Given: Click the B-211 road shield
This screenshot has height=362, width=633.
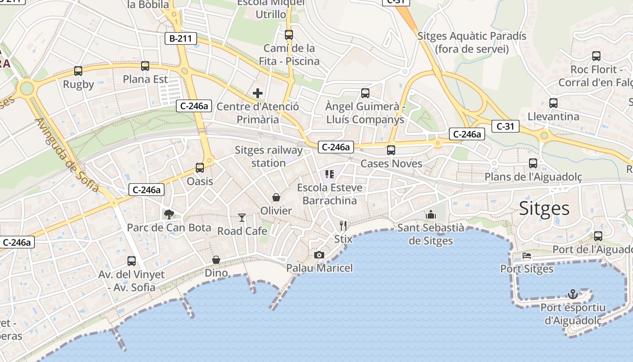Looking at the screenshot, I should [181, 38].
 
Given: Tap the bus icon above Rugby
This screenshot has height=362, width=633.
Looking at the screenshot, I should [78, 71].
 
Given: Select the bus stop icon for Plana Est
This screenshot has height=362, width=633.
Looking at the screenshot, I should [145, 66].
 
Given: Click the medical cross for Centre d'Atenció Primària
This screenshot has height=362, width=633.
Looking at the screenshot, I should [258, 93].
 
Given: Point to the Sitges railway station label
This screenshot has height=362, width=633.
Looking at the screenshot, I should [269, 157].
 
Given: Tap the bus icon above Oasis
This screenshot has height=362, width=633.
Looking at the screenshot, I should [200, 168].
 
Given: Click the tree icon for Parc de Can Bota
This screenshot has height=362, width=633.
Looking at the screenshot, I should [169, 214].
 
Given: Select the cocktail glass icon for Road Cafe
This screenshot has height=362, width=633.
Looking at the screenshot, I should [242, 218].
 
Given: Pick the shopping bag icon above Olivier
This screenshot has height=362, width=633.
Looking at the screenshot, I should [276, 197].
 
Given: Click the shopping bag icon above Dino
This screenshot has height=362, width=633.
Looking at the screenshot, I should [216, 260].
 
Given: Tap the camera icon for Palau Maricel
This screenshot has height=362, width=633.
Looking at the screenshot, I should [319, 255].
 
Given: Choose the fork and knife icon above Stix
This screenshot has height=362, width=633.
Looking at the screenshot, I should [343, 225].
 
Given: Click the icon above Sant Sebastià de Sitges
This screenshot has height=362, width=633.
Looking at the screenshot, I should [431, 214].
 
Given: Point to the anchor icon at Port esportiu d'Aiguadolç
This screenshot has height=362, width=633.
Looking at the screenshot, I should [573, 294].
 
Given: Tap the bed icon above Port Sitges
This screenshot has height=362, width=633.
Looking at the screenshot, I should [527, 256].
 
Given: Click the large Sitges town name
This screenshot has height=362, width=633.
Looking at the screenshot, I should [544, 208].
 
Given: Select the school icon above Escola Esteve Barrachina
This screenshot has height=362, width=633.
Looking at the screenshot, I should [330, 174].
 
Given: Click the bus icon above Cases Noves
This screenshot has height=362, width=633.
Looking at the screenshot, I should [391, 150].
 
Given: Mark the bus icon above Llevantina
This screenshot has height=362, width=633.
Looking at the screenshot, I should [553, 103].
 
